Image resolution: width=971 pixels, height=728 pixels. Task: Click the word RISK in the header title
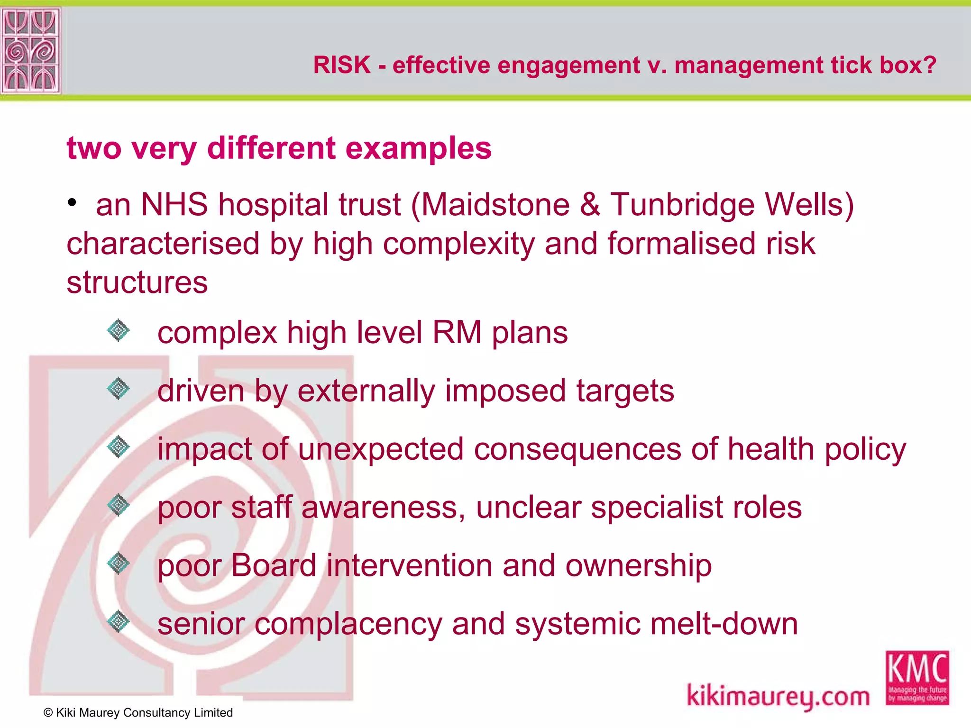tap(341, 65)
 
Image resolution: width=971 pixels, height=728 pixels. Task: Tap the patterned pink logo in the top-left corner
tap(31, 50)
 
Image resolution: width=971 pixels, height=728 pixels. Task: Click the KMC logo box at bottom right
tap(917, 678)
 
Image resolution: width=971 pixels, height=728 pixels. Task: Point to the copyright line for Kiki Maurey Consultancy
tap(138, 712)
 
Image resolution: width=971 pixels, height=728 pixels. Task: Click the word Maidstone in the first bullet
tap(496, 205)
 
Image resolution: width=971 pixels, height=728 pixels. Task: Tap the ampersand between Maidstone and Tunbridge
tap(589, 205)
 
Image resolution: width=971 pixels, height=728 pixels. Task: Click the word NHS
tap(174, 205)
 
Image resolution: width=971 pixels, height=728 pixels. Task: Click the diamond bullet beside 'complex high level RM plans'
tap(118, 330)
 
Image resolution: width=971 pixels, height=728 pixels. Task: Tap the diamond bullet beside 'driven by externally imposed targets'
tap(118, 389)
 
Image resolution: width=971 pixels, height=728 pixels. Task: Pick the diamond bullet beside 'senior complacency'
tap(118, 621)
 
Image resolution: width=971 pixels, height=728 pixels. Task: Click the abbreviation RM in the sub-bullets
tap(457, 332)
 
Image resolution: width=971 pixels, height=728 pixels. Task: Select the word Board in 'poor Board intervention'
tap(274, 566)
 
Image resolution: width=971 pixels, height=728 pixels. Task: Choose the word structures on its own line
tap(137, 282)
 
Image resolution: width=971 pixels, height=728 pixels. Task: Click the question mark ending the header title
tap(930, 65)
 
